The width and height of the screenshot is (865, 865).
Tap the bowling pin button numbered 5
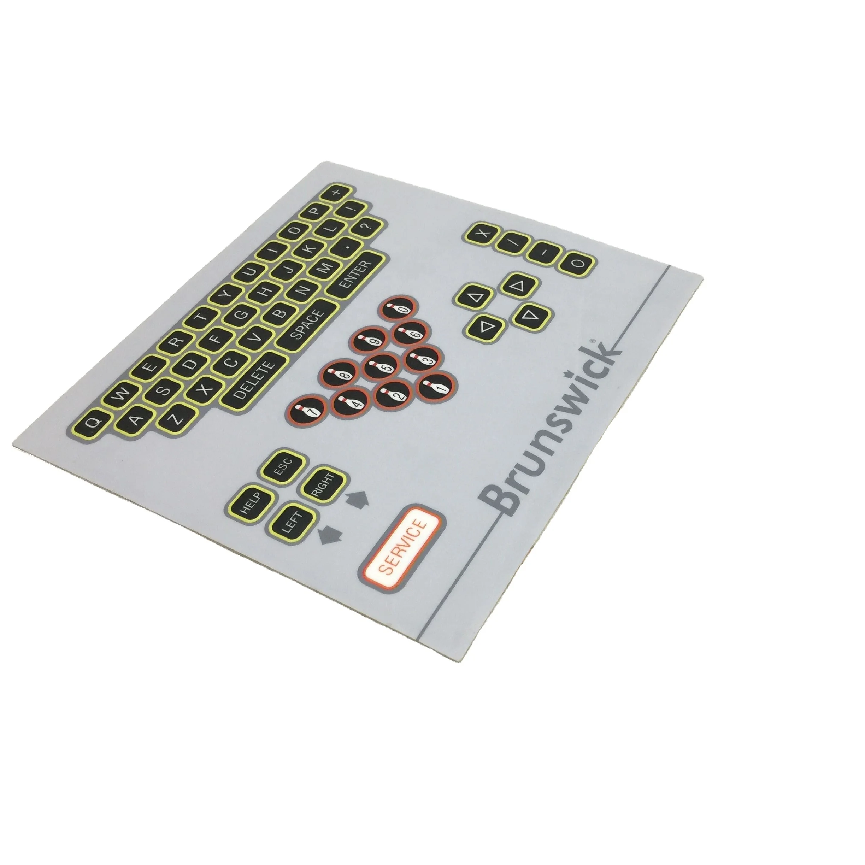382,367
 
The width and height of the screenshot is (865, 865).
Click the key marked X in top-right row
481,235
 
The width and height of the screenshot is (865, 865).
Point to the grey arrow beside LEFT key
330,534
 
